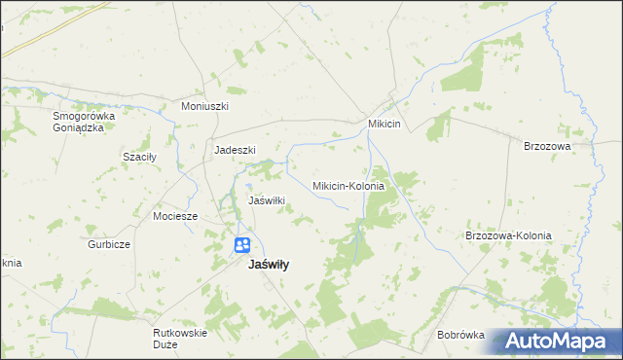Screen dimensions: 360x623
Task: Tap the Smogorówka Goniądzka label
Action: (84, 122)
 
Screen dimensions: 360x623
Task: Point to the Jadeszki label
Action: (235, 150)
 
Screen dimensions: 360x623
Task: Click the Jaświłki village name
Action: (267, 200)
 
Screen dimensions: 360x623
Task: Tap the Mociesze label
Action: (175, 216)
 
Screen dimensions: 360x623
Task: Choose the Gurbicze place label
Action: (108, 244)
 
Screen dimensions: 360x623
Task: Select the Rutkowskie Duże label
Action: (180, 338)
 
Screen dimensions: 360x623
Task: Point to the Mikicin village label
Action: (386, 125)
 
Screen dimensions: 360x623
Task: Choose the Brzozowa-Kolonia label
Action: (508, 235)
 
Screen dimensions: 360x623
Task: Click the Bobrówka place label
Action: (460, 335)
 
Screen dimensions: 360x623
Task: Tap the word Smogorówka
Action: (84, 116)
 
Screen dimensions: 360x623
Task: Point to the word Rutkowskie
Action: (180, 332)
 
